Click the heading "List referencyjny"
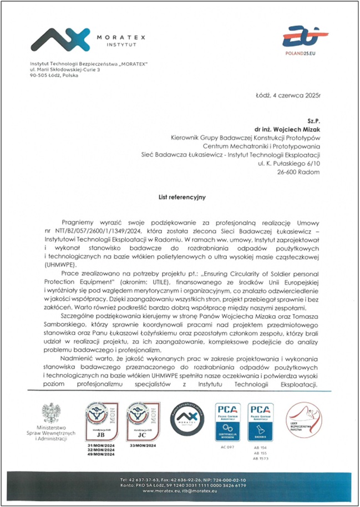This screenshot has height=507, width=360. (x=180, y=196)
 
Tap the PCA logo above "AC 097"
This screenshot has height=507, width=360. (x=227, y=422)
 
